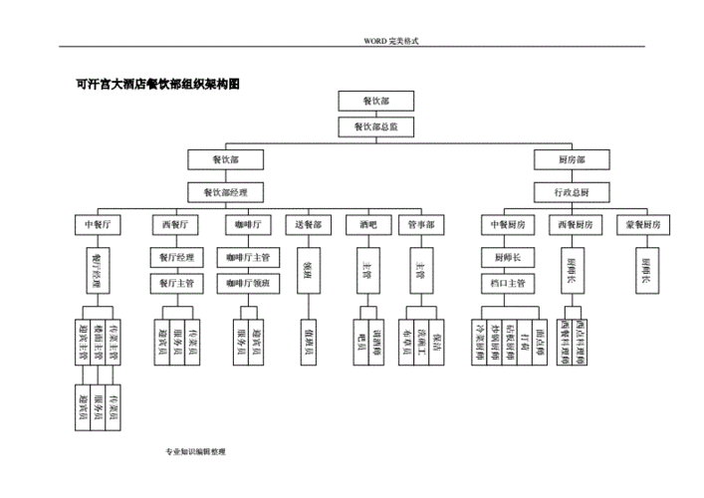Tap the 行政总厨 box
(572, 191)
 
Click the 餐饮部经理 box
(225, 191)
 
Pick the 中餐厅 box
(97, 225)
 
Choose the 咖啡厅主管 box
(247, 258)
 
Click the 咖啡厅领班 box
(247, 284)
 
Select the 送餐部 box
(308, 225)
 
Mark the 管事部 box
(420, 225)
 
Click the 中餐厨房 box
(508, 225)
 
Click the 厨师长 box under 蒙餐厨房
(645, 269)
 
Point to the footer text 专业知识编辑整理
(197, 452)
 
